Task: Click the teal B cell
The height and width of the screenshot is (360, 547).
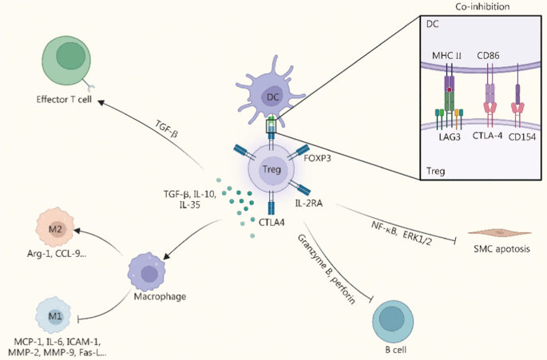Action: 392,319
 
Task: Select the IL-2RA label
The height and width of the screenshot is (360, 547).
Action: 311,204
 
